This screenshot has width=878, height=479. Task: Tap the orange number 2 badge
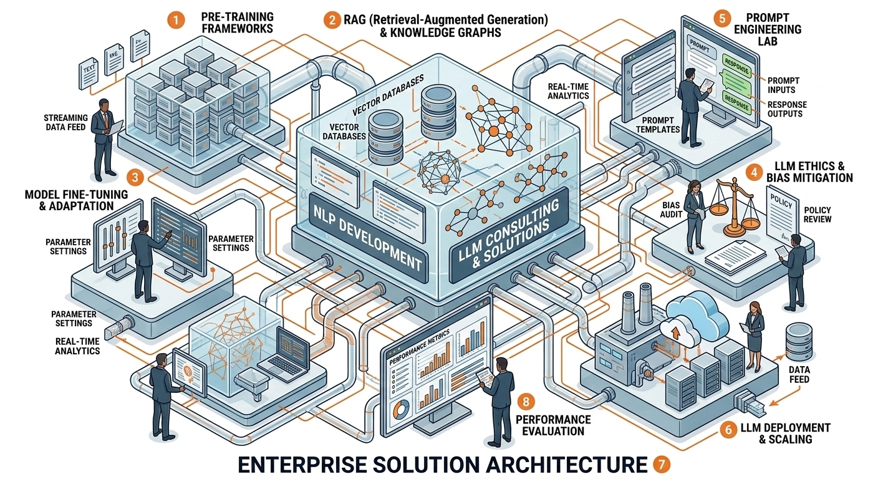coord(331,19)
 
